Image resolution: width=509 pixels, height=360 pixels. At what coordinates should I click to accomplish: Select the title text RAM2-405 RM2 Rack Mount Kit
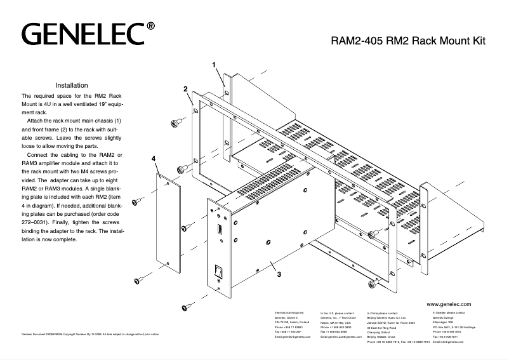pyautogui.click(x=408, y=43)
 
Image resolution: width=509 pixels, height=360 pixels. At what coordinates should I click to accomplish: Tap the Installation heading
pyautogui.click(x=76, y=85)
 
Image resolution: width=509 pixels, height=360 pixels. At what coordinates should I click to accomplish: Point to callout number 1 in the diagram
pyautogui.click(x=214, y=65)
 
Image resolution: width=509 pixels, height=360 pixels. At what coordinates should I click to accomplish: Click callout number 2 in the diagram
pyautogui.click(x=185, y=88)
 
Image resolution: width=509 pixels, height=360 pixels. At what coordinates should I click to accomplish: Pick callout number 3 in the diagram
pyautogui.click(x=279, y=275)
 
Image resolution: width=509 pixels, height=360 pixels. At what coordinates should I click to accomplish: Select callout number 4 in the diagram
pyautogui.click(x=154, y=157)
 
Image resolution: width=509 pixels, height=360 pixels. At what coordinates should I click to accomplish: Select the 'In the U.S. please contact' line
pyautogui.click(x=338, y=314)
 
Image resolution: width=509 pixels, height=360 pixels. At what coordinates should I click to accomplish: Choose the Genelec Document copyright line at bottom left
pyautogui.click(x=89, y=334)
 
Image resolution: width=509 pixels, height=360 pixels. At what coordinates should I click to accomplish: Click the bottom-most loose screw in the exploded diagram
pyautogui.click(x=188, y=308)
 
